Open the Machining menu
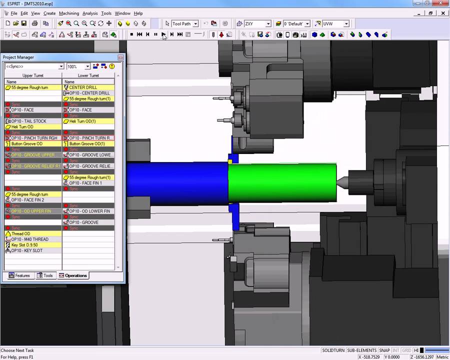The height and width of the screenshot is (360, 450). click(68, 13)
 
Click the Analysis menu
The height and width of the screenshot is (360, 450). click(90, 13)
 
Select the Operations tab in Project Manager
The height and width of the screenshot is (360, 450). click(73, 275)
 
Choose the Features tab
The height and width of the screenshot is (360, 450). click(19, 275)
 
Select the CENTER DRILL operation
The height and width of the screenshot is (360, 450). click(83, 87)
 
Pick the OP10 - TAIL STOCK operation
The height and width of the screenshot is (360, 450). click(28, 121)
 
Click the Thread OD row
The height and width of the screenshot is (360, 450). click(20, 233)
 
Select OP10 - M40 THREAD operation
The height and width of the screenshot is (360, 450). click(29, 239)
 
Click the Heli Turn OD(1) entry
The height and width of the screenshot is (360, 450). click(82, 121)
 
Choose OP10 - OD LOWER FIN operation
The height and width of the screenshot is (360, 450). click(89, 211)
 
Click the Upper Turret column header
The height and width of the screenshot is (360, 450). click(33, 75)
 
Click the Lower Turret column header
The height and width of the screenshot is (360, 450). click(88, 75)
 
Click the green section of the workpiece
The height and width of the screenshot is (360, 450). click(282, 182)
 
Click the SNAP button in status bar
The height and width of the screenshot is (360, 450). click(384, 350)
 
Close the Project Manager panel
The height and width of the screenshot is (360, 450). click(120, 57)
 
